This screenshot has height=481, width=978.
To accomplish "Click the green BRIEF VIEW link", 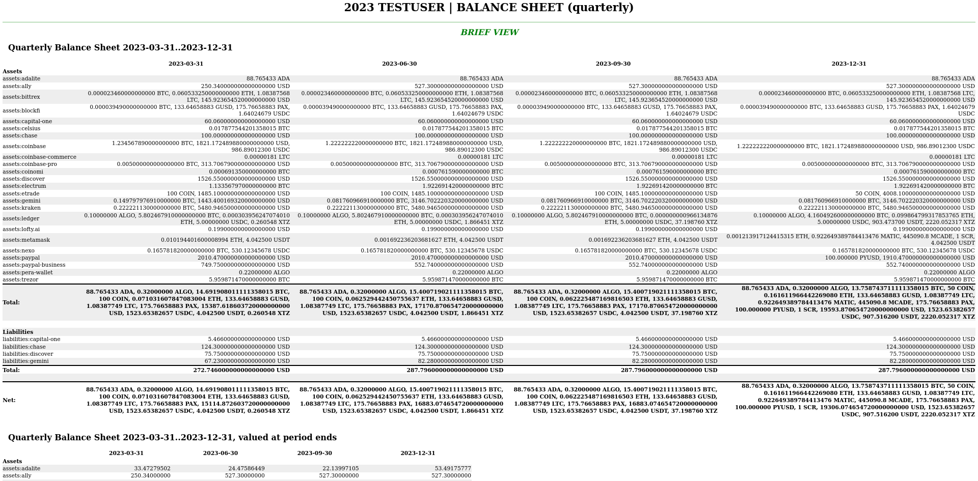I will pos(489,33).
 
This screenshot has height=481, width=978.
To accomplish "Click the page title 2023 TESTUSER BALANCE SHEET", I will pos(488,8).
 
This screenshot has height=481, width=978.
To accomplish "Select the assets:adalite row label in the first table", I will pos(21,79).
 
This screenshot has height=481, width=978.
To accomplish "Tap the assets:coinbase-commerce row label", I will pos(39,157).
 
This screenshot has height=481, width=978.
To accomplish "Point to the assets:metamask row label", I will pos(26,240).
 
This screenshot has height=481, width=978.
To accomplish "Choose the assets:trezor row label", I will pos(20,280).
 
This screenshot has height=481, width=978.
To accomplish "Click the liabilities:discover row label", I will pos(28,354).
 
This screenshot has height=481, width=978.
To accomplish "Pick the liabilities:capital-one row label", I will pos(31,339).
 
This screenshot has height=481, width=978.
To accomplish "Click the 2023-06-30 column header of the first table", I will pos(399,64).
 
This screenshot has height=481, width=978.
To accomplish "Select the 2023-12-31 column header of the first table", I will pos(849,64).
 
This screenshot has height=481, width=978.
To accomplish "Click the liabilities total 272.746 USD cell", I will pos(241,371).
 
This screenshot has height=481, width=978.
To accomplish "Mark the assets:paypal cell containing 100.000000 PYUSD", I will pos(900,258).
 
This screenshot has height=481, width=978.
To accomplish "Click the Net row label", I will pos(9,401).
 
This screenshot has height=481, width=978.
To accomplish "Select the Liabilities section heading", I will pos(18,332).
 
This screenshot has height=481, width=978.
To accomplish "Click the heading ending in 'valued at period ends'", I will pos(172,438).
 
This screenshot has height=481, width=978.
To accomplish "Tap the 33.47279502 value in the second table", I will pos(152,469).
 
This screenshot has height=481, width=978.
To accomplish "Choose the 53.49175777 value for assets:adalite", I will pos(452,469).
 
